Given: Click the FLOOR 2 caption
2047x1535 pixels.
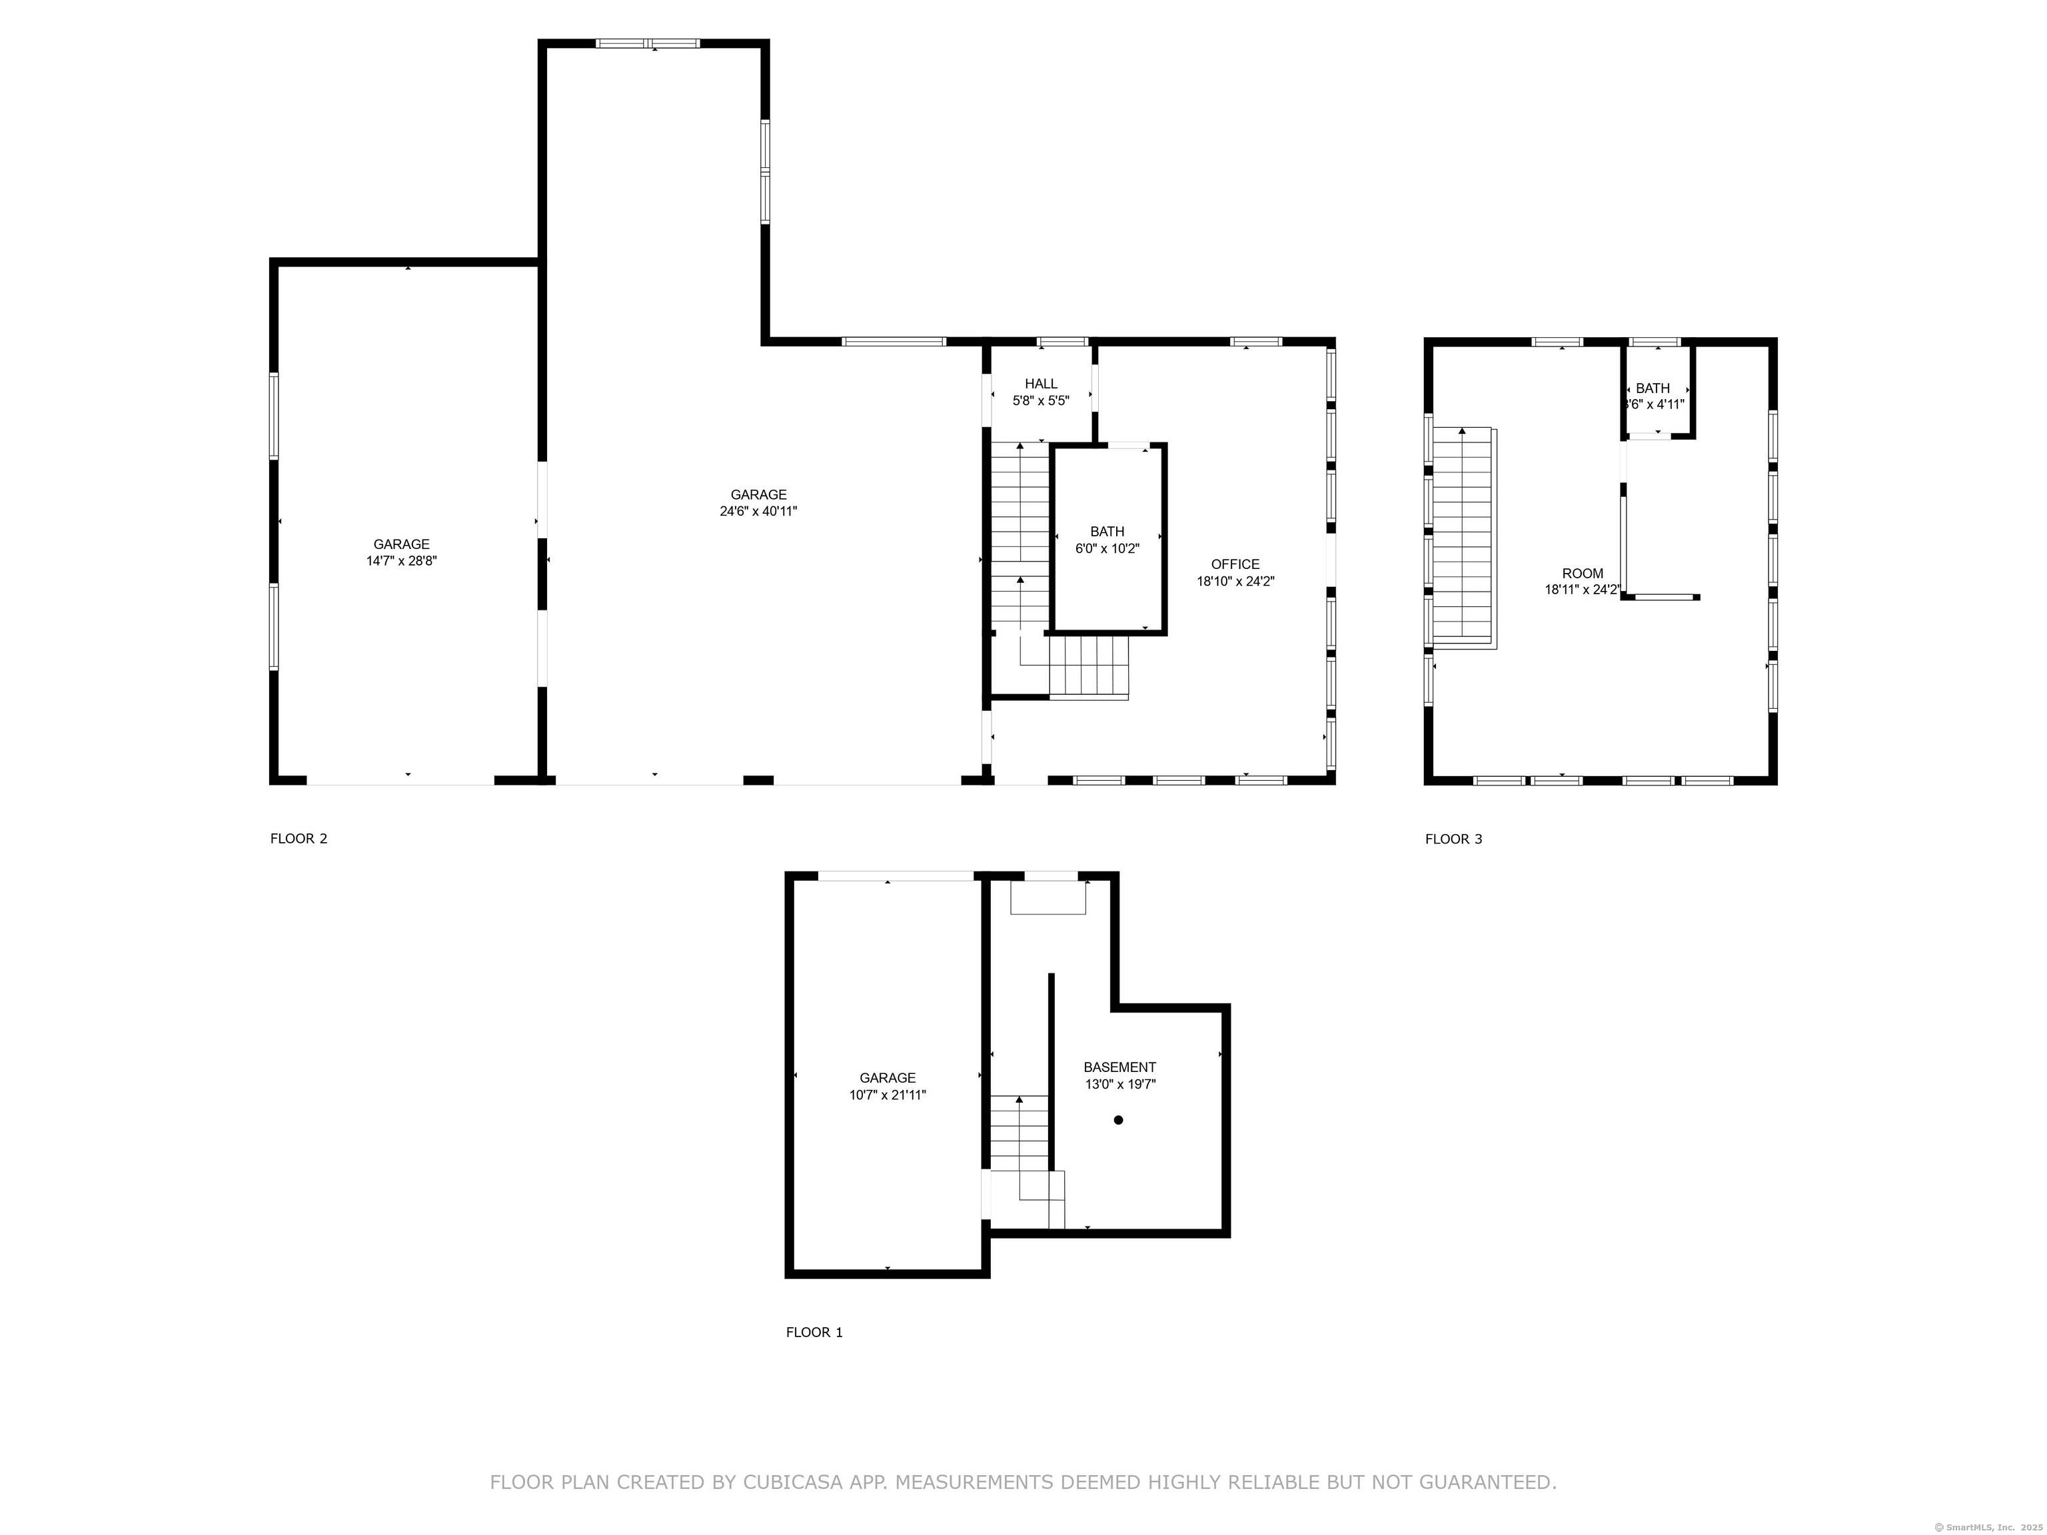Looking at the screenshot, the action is click(x=299, y=839).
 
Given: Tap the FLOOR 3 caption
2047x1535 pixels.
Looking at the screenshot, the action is click(x=1454, y=839).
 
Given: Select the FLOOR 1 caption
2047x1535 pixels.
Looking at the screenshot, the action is click(x=814, y=1332).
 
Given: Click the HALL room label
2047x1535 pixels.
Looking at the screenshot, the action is click(x=1041, y=384).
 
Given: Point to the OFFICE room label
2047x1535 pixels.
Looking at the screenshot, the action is click(x=1235, y=564).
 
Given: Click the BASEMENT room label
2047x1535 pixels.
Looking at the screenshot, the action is click(x=1119, y=1067).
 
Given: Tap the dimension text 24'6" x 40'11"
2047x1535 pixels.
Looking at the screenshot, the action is click(x=759, y=511).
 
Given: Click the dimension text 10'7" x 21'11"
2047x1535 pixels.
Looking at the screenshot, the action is click(x=888, y=1095).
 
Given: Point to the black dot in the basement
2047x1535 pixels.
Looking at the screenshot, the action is click(x=1118, y=1119).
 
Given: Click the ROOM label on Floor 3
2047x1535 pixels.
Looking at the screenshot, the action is click(x=1583, y=574).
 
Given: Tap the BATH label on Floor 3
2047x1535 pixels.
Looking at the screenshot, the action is click(x=1653, y=388).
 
